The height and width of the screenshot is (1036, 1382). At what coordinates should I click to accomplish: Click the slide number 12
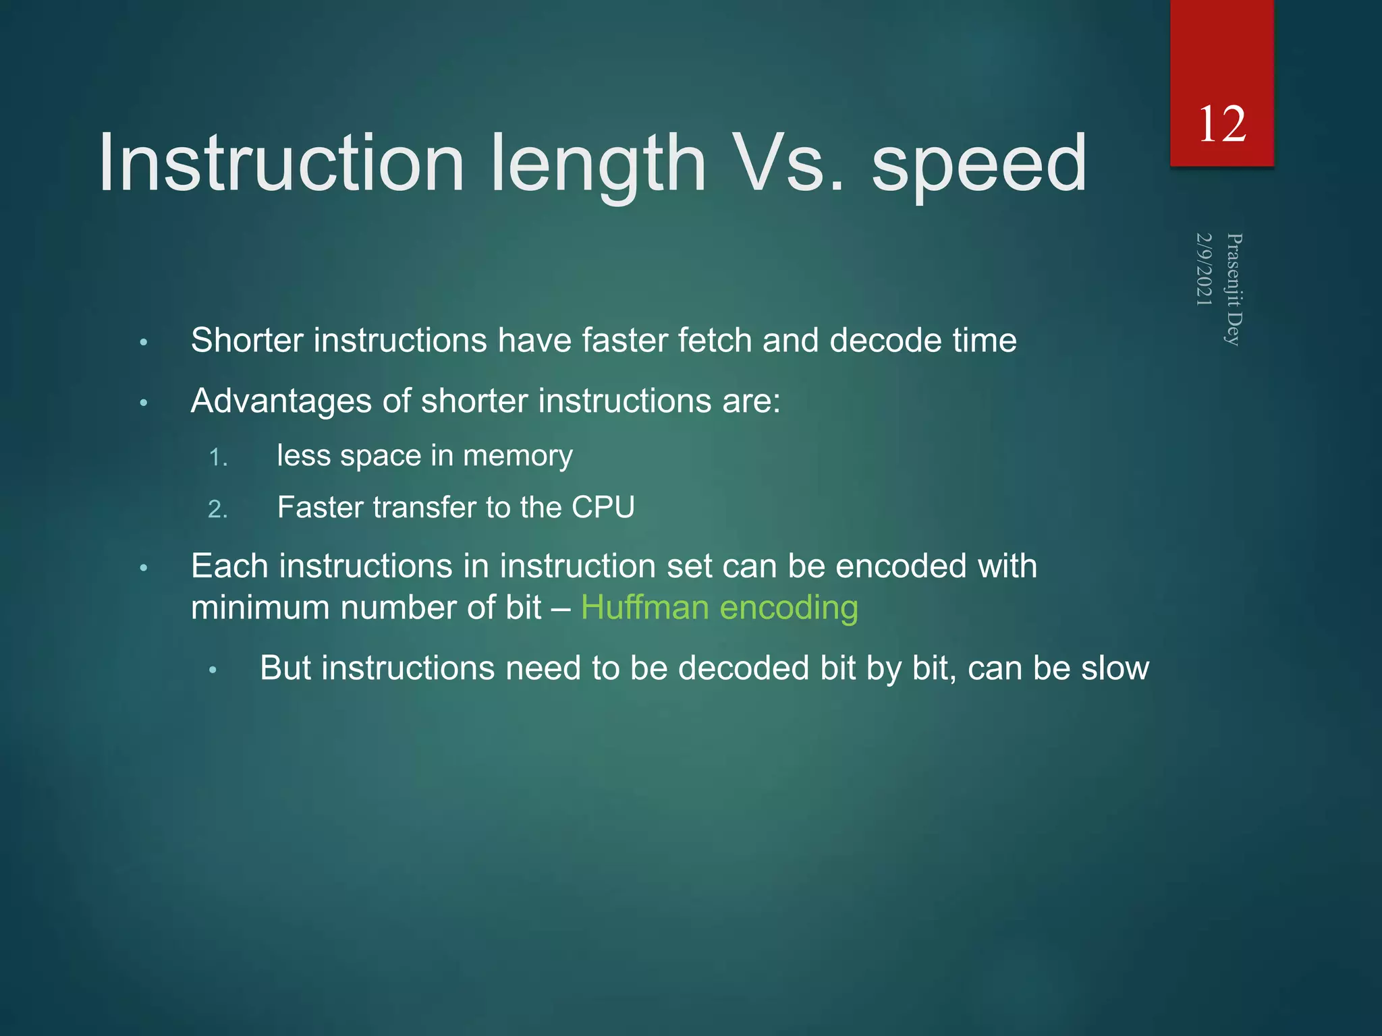click(x=1221, y=125)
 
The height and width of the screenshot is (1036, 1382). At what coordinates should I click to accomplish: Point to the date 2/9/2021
click(x=1205, y=269)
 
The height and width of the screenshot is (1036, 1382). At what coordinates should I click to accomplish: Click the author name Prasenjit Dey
click(x=1234, y=289)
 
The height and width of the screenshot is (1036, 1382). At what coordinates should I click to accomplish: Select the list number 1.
click(x=217, y=458)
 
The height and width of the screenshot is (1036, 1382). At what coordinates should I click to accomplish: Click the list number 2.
click(x=217, y=509)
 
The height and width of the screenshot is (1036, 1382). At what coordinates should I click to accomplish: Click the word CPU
click(x=603, y=507)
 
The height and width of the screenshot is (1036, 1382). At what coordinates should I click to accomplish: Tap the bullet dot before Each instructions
click(x=143, y=568)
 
